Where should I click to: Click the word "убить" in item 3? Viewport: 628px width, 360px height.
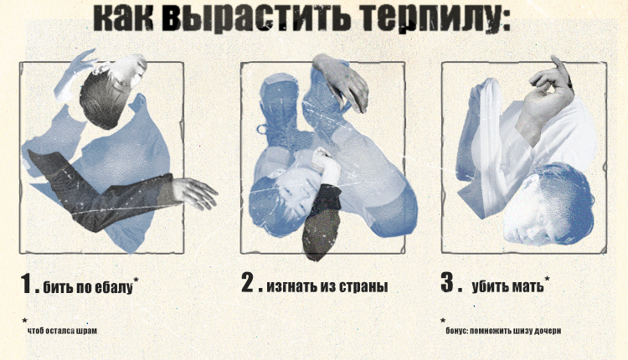tap(489, 288)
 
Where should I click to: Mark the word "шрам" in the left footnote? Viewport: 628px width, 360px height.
tap(85, 332)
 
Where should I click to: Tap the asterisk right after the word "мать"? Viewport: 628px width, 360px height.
tap(548, 279)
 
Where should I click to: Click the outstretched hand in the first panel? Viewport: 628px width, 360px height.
tap(194, 193)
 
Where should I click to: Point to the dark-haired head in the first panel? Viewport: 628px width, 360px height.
tap(101, 96)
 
